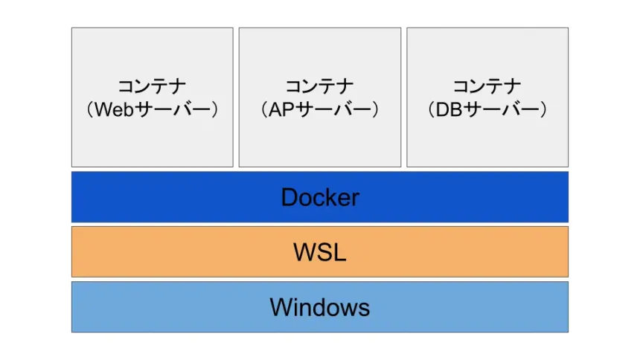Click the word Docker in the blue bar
320,197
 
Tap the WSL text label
320,252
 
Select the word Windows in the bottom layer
320,306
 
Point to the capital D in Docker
289,197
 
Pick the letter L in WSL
339,252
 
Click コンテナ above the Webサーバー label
152,86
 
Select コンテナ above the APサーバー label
320,86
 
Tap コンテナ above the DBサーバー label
487,86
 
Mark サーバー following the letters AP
334,110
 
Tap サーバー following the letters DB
502,110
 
